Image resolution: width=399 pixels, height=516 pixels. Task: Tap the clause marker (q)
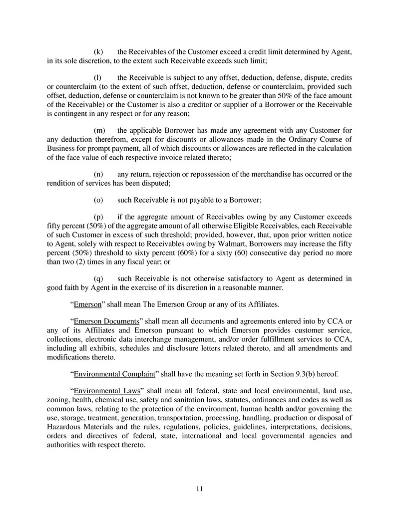99,279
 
